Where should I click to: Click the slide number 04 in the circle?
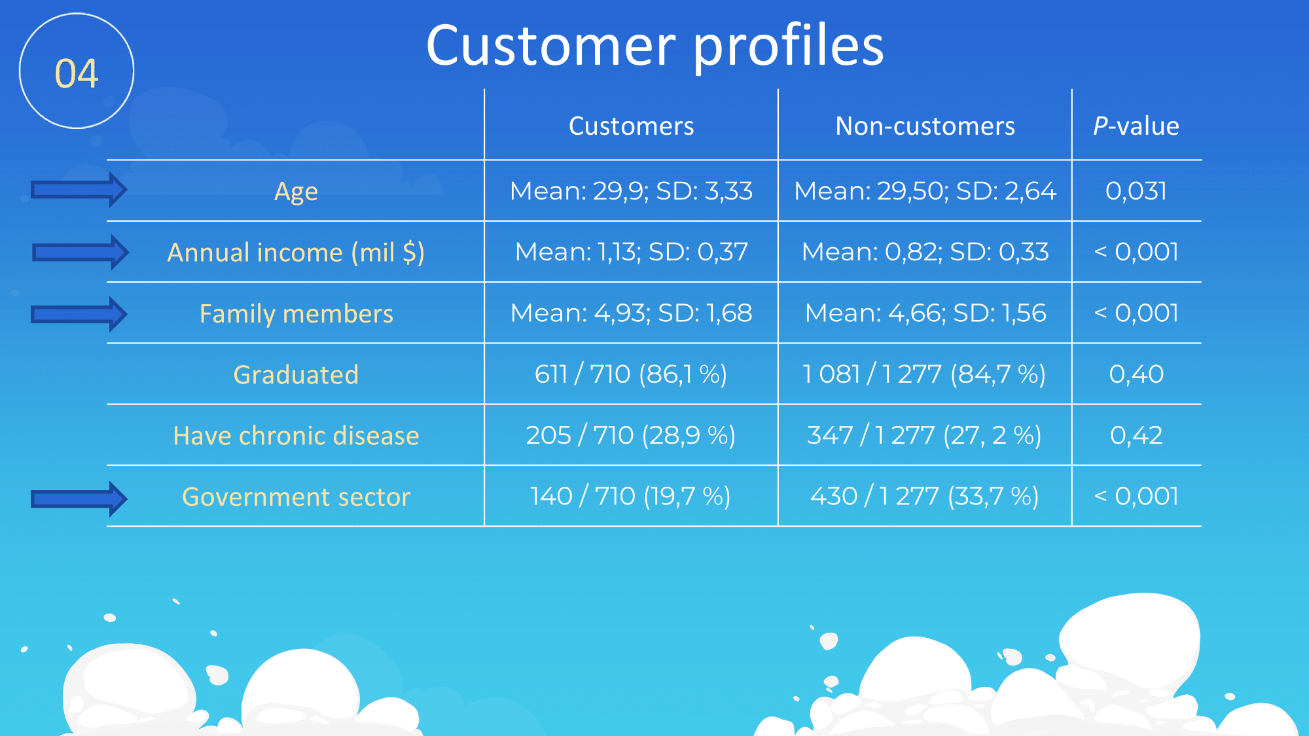click(x=77, y=73)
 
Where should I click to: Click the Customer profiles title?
click(x=654, y=46)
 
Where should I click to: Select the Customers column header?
click(x=631, y=126)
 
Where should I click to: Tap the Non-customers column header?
click(x=925, y=126)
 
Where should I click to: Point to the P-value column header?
click(x=1136, y=126)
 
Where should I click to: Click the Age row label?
click(x=296, y=192)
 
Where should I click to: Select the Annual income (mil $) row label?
click(x=296, y=253)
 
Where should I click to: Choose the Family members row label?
click(x=296, y=314)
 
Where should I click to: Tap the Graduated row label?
click(x=296, y=375)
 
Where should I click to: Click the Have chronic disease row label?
click(x=296, y=436)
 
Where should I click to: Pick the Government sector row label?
click(x=296, y=497)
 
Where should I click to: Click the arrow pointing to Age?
click(x=79, y=190)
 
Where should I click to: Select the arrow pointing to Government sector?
click(x=79, y=499)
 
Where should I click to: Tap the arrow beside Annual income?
click(x=80, y=252)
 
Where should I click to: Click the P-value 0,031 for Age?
click(x=1136, y=191)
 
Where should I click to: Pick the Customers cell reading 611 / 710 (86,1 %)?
click(x=631, y=374)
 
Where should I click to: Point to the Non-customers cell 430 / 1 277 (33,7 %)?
click(x=925, y=497)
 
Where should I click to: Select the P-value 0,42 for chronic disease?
click(x=1136, y=435)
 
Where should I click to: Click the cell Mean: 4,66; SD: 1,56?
click(x=925, y=313)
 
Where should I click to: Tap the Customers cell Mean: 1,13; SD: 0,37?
click(x=631, y=252)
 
